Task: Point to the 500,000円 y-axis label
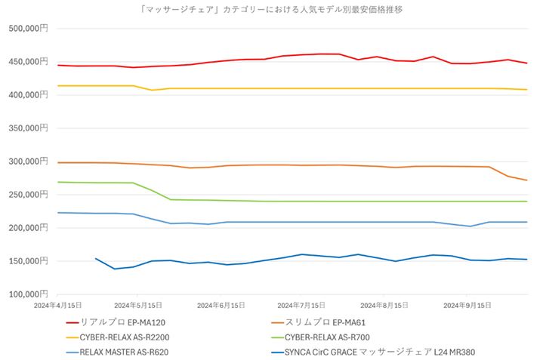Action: point(27,28)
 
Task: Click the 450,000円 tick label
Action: point(27,61)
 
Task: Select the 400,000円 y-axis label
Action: point(27,94)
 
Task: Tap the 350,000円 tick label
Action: point(27,128)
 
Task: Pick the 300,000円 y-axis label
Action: point(27,161)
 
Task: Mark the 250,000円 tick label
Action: point(27,194)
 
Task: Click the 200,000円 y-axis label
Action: point(27,227)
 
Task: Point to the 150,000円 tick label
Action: point(27,260)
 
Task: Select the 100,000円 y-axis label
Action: point(27,294)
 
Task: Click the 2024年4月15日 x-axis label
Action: point(57,305)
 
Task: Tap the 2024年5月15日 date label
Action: point(137,305)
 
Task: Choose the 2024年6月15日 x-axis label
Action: point(220,305)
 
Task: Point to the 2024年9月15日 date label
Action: point(465,305)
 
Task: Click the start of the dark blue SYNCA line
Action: point(96,258)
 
